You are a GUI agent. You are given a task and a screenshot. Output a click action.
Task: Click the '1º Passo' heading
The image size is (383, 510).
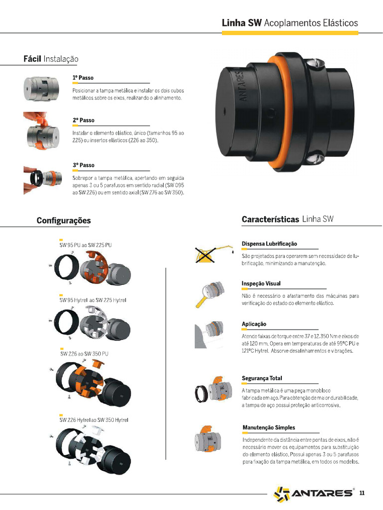(83, 78)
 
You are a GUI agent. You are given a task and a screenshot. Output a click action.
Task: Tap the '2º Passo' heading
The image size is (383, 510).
(83, 121)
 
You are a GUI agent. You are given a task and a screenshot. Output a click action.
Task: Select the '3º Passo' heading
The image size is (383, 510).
(83, 165)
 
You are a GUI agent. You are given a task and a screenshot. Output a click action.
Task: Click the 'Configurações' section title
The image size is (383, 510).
(63, 221)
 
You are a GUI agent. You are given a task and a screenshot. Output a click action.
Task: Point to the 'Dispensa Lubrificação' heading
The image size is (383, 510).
(269, 244)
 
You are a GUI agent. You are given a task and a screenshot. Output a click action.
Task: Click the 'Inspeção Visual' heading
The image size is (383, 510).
(261, 283)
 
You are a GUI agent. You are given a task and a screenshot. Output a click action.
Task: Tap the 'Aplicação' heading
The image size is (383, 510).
(254, 324)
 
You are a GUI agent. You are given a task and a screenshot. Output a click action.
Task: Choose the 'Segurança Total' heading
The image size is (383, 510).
(262, 379)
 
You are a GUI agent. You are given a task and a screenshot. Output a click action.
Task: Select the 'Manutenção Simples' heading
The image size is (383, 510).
(268, 428)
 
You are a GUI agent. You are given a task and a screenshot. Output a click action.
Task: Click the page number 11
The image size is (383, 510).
(362, 493)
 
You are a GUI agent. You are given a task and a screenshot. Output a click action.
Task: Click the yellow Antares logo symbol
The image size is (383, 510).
(281, 494)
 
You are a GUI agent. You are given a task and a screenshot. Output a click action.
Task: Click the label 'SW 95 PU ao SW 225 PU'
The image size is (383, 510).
(85, 245)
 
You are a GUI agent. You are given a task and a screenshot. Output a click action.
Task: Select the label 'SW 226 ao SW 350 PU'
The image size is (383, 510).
(84, 354)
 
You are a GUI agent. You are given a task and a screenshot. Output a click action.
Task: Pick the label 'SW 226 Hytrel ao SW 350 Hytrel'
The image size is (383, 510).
(94, 420)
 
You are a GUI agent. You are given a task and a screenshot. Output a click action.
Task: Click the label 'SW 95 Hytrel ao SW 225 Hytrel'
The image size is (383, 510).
(93, 300)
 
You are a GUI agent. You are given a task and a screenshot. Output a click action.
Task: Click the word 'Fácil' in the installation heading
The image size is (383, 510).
(32, 59)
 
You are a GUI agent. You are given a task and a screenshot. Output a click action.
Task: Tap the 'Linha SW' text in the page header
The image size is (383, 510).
(241, 23)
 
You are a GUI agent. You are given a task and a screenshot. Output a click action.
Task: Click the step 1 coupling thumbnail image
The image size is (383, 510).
(41, 89)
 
